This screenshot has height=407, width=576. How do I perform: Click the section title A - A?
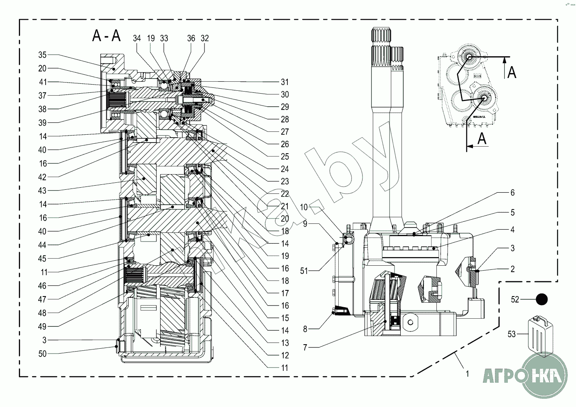(x=106, y=36)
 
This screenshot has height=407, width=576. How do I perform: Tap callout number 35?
(x=43, y=55)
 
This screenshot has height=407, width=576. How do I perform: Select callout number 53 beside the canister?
(x=511, y=334)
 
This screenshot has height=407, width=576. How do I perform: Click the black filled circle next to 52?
(x=542, y=300)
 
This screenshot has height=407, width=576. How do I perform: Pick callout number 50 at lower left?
(x=43, y=354)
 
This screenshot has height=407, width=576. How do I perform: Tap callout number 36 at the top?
(x=191, y=38)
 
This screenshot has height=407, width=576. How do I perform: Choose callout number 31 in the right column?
(x=285, y=82)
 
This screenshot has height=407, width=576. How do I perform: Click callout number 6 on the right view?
(x=512, y=193)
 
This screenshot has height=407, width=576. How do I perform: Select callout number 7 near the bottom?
(x=305, y=347)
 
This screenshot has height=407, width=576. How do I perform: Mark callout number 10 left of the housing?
(x=304, y=207)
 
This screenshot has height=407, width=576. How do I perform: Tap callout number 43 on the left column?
(x=43, y=191)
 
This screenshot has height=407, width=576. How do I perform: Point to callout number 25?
(x=285, y=156)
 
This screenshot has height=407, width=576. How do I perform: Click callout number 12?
(x=285, y=356)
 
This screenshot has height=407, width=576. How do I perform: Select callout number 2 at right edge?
(x=512, y=269)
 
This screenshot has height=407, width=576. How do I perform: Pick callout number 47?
(x=43, y=299)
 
